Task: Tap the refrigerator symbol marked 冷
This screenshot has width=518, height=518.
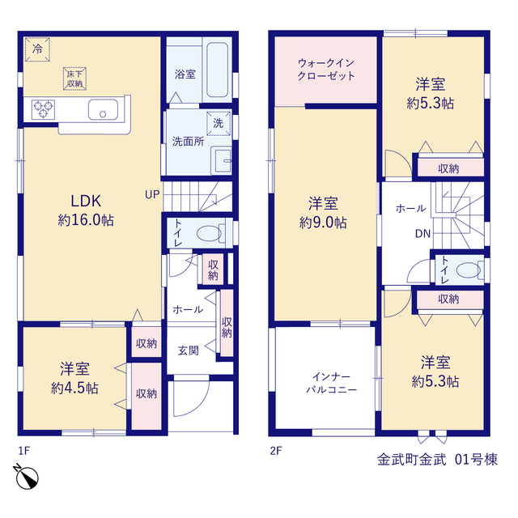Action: (38, 49)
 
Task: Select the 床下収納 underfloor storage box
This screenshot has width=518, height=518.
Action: (74, 79)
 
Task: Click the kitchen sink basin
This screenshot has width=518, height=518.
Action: (103, 109)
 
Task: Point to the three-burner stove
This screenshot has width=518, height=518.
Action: (43, 109)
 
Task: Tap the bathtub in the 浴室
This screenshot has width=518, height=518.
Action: (217, 70)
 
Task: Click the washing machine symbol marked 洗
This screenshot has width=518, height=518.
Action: (219, 124)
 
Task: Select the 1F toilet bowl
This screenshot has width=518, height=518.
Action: (210, 234)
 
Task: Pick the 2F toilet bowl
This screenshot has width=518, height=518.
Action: (469, 270)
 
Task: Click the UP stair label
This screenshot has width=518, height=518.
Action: (152, 194)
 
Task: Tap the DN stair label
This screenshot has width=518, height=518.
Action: (422, 234)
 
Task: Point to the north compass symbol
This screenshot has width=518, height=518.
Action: (27, 477)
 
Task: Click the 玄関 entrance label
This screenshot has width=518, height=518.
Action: (189, 350)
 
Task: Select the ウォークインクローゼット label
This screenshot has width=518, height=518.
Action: (326, 69)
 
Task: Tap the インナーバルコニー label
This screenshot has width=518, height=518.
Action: (331, 383)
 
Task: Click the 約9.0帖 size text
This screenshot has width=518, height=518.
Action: (323, 223)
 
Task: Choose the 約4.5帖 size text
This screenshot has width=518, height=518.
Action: (74, 388)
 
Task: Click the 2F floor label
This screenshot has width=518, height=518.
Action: (276, 451)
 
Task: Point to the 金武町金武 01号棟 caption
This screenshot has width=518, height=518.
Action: (437, 460)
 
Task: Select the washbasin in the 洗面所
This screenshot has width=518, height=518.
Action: (221, 161)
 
